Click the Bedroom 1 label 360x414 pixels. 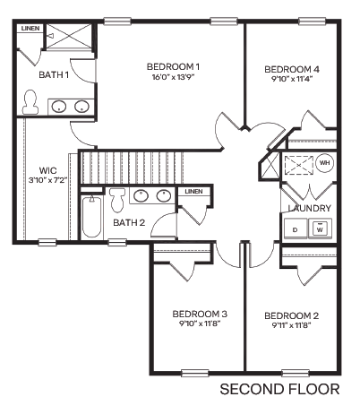173,66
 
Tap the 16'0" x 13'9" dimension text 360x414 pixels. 173,78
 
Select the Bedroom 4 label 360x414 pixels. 292,69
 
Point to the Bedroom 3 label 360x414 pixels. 200,314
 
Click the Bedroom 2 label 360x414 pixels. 292,315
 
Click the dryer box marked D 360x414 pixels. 296,229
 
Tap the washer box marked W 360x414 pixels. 320,229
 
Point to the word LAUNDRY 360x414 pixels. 310,209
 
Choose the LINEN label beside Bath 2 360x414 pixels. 193,192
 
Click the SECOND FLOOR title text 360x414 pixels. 279,390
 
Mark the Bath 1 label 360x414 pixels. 54,74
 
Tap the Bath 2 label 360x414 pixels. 131,222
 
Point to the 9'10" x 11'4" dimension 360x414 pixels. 292,79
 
